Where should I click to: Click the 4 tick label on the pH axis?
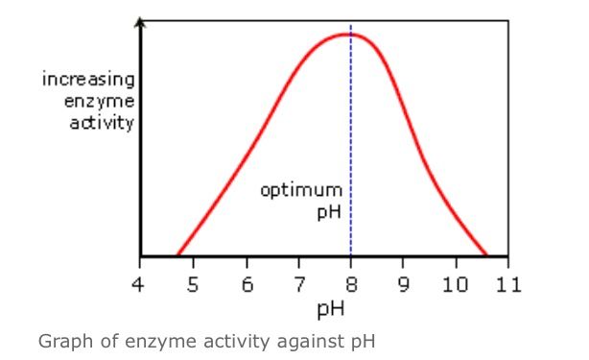pos(141,285)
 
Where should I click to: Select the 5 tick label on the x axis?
pos(193,285)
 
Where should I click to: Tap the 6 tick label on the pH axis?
pos(247,285)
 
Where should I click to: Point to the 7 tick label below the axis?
pos(298,285)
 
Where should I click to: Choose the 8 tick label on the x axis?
pos(351,285)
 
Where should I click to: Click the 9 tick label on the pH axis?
pos(404,285)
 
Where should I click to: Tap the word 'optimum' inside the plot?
pos(300,189)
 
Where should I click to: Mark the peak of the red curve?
pos(347,35)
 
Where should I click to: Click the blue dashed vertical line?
pos(351,144)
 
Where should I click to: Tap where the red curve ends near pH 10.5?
pos(486,255)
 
